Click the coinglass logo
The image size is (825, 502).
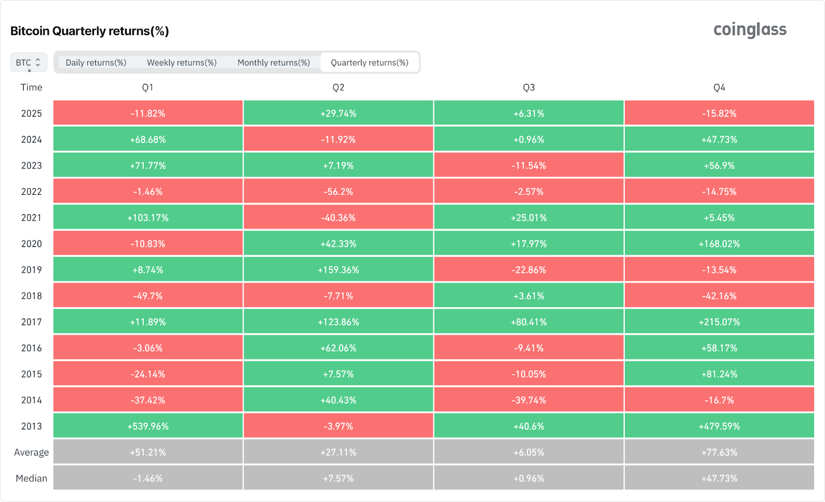750,30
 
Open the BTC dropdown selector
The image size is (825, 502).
28,62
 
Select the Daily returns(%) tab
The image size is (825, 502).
96,62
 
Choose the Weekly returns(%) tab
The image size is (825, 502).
181,62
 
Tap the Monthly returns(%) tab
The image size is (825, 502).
273,62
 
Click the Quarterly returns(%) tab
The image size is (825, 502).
369,62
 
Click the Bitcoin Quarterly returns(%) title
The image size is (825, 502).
90,31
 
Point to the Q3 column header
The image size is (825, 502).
529,87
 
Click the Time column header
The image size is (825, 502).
31,87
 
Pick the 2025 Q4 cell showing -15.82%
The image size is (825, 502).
719,113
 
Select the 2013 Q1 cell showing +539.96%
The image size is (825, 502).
148,426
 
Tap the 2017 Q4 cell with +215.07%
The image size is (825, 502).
719,322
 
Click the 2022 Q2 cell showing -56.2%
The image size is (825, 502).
338,192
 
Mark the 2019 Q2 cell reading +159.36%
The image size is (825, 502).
338,270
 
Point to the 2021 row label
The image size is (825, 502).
31,217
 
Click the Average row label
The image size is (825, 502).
31,452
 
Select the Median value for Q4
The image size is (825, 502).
719,478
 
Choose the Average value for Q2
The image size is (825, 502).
338,452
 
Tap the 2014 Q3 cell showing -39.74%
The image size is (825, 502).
529,400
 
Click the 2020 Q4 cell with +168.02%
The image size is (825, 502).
719,244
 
